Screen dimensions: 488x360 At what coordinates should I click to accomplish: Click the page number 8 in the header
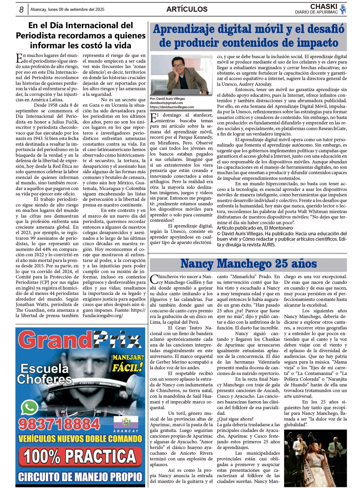(x=21, y=10)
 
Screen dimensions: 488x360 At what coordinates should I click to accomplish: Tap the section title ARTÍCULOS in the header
(x=187, y=9)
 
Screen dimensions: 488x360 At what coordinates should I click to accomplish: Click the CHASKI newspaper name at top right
(x=324, y=7)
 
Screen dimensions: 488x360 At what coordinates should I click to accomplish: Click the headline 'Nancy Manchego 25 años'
(x=248, y=264)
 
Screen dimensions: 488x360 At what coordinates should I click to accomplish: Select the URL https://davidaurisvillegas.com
(x=172, y=107)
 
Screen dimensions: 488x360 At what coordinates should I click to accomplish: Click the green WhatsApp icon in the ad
(x=30, y=408)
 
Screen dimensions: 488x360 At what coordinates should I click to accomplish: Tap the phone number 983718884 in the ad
(x=59, y=424)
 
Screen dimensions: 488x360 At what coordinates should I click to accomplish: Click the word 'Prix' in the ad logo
(x=117, y=341)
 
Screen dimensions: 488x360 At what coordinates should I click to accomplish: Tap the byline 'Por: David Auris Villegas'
(x=167, y=99)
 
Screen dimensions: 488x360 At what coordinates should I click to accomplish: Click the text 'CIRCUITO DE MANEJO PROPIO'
(x=80, y=477)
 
